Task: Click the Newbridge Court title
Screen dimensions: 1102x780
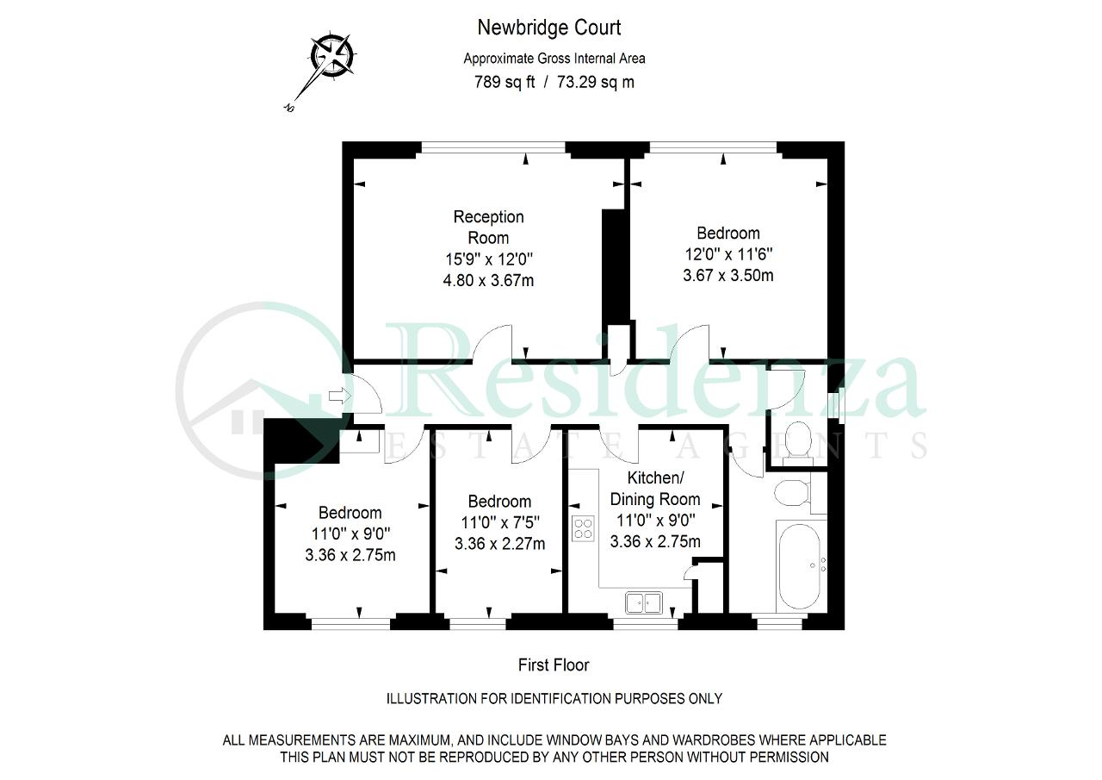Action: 549,28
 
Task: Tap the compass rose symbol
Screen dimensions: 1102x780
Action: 333,53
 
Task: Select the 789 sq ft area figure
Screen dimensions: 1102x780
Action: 505,82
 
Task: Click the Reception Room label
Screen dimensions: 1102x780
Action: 488,227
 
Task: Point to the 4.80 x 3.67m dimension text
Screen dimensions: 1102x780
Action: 488,280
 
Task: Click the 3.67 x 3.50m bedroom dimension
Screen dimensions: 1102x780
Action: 728,275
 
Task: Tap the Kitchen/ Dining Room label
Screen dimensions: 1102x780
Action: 655,488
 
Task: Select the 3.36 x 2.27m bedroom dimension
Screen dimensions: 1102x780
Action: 500,544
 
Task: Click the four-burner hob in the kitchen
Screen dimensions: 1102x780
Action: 583,528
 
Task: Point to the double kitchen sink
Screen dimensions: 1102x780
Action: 644,602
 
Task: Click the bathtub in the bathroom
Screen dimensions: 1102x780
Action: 801,567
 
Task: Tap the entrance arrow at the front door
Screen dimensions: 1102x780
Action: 340,395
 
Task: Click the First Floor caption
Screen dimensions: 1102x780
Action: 554,665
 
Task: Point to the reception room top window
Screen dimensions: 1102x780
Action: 493,147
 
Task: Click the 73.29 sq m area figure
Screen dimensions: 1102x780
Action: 595,82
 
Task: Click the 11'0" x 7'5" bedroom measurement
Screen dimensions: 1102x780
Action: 500,522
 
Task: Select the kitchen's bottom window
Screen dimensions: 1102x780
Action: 646,624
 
